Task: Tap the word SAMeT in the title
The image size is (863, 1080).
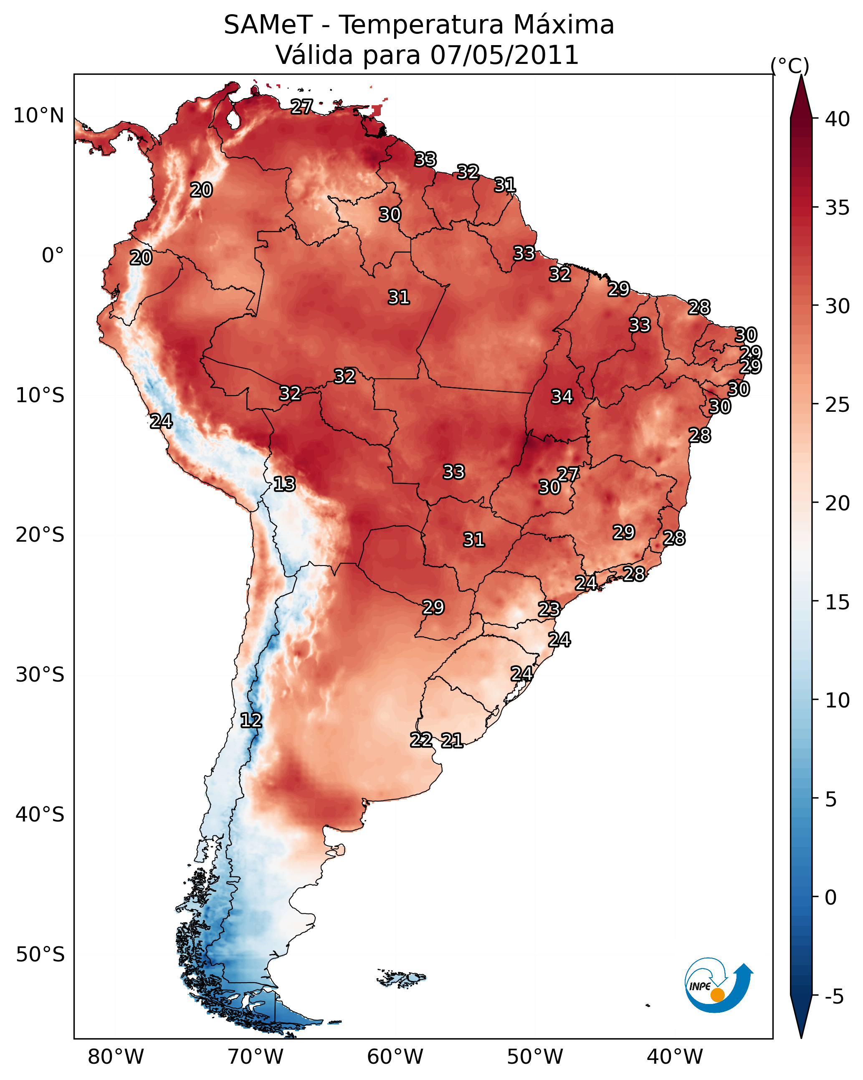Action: click(268, 25)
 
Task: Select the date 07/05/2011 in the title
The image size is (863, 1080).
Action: click(504, 55)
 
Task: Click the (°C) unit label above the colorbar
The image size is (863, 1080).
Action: click(790, 66)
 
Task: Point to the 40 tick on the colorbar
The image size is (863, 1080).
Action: click(838, 119)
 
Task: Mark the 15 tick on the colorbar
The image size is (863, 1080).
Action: click(838, 602)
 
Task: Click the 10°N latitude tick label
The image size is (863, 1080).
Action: click(38, 116)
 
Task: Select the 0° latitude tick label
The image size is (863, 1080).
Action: click(53, 256)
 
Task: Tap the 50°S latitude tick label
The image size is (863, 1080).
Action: click(40, 955)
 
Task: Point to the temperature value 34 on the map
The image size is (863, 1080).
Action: click(562, 397)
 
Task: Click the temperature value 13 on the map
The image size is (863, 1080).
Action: click(284, 484)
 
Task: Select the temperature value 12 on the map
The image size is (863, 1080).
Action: click(251, 720)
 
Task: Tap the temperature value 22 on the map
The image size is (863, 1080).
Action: click(421, 740)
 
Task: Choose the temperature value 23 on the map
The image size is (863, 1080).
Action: click(549, 609)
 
